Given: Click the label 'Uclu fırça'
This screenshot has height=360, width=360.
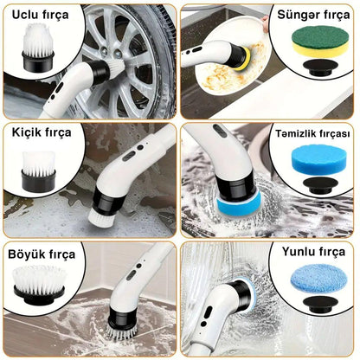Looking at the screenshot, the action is coord(40,15).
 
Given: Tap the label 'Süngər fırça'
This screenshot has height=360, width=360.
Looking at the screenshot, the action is coord(313,15).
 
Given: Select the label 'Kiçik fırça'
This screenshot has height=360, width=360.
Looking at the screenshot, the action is coord(42,132).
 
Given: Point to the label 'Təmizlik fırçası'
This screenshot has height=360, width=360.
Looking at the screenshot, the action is coord(312,133).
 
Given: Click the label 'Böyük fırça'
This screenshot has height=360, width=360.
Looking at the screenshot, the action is coord(42,254).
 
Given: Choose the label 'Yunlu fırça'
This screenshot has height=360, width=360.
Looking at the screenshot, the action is coord(313,252).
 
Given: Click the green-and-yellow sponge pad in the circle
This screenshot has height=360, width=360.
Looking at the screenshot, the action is coord(320,42).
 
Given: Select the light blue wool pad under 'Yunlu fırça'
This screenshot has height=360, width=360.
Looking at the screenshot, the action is coord(318,278).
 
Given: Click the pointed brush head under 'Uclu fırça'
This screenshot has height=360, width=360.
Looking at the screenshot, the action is coord(38,47).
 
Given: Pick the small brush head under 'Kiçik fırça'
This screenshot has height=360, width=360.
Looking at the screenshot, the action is coord(38,171).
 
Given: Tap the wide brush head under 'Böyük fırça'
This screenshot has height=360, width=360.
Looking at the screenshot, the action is coord(39,285).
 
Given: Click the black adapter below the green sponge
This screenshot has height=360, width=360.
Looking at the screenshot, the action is coord(320,67).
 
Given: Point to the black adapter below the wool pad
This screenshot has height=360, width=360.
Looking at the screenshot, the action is coord(320,305).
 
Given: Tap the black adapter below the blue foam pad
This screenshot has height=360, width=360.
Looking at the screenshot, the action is coord(320,185).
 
